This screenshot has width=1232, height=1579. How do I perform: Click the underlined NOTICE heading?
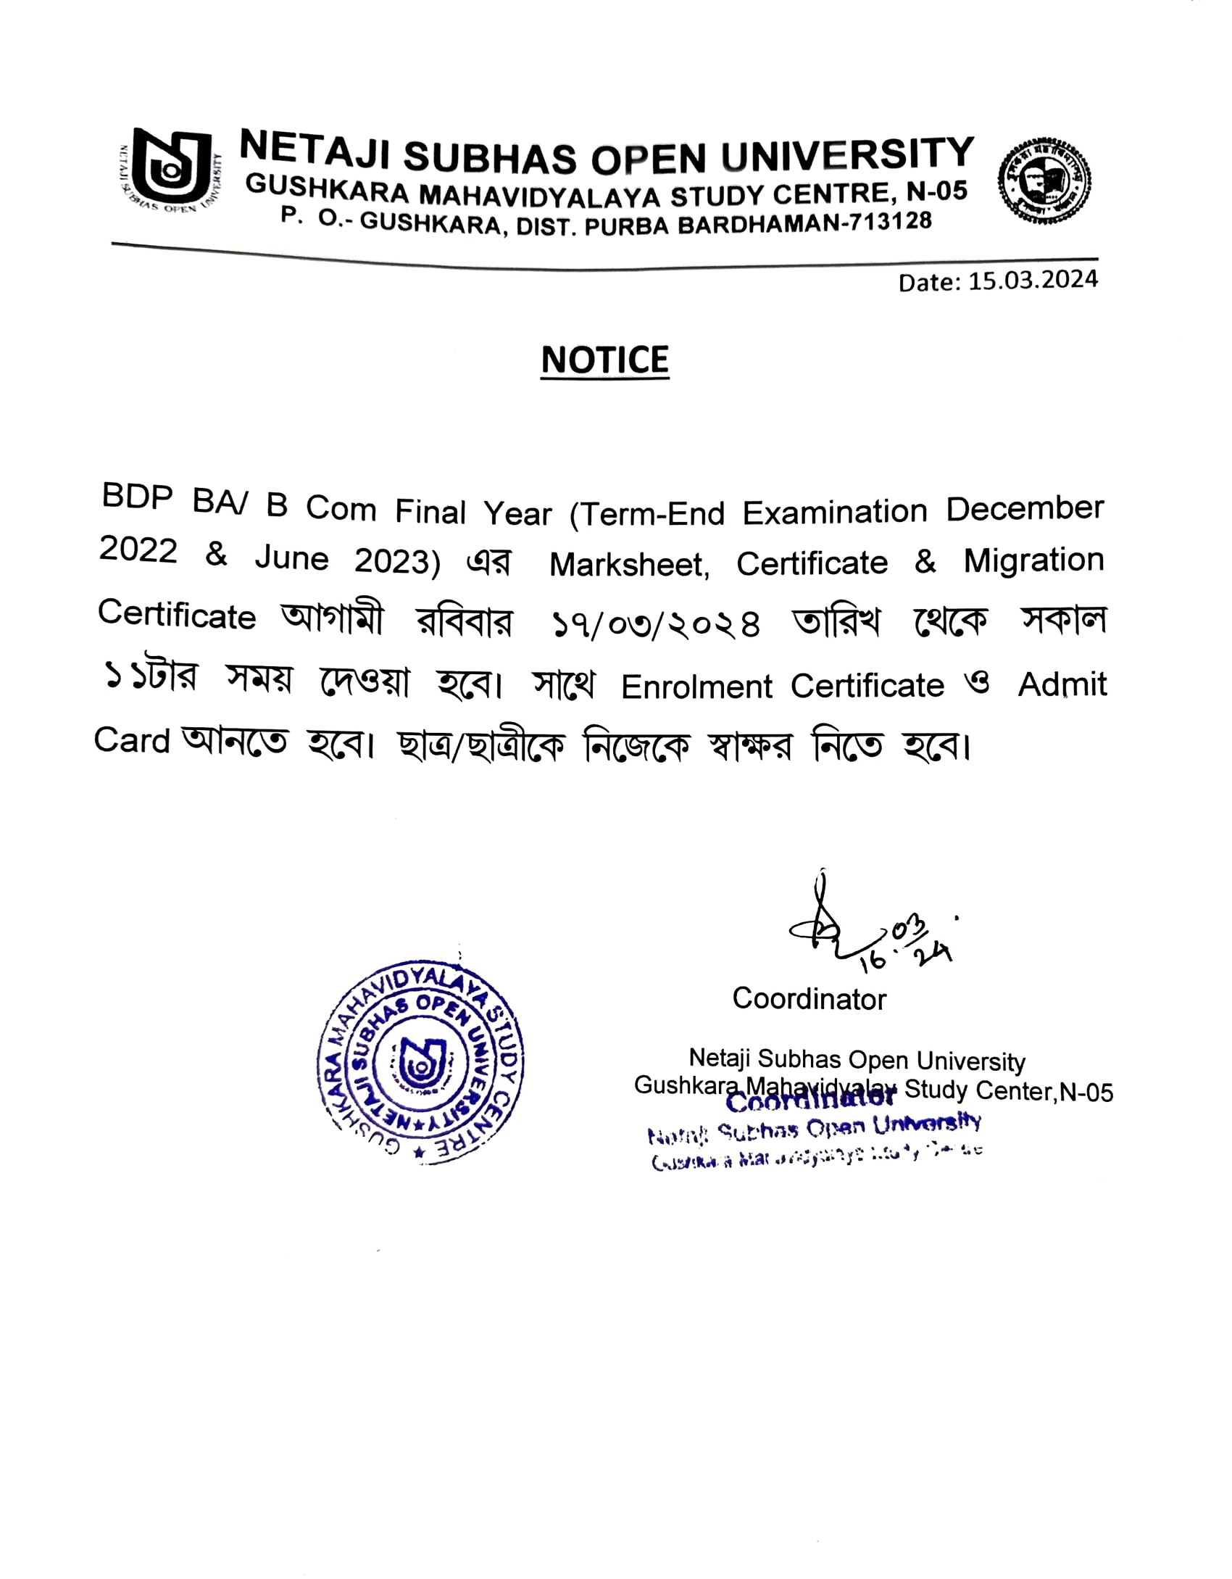(x=604, y=360)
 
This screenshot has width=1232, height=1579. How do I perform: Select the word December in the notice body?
(x=1024, y=509)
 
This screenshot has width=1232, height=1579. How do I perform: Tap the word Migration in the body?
(x=1033, y=560)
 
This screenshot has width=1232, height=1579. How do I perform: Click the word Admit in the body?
(x=1062, y=684)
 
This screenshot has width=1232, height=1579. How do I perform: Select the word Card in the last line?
(x=131, y=740)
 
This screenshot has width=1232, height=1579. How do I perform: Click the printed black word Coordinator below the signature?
(x=809, y=999)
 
